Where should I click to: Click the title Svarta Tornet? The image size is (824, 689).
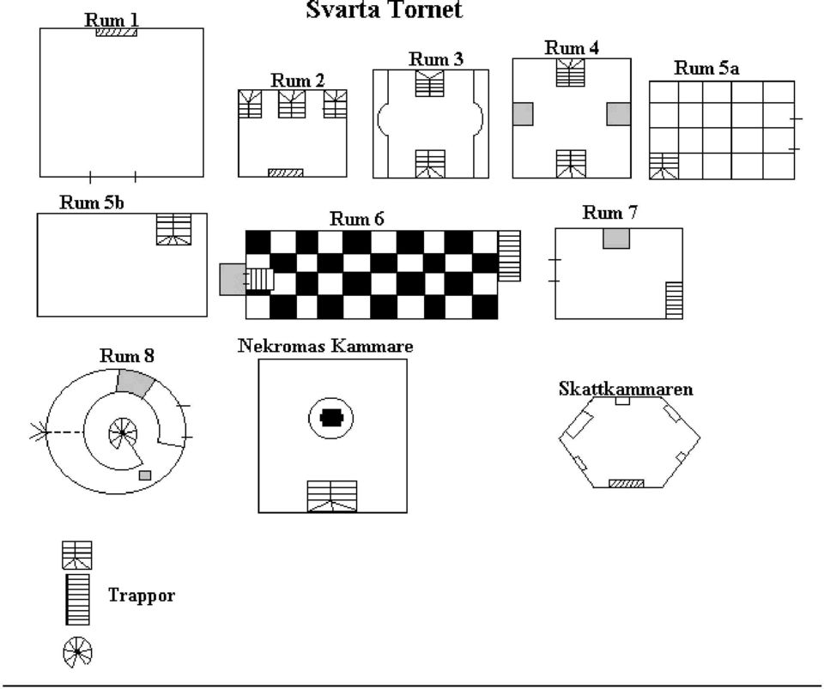pyautogui.click(x=385, y=9)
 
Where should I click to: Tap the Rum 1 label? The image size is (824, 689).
pyautogui.click(x=112, y=20)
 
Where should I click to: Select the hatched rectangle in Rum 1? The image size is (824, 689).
pyautogui.click(x=116, y=33)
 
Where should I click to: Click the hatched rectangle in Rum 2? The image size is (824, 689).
pyautogui.click(x=285, y=172)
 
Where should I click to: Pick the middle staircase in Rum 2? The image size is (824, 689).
pyautogui.click(x=292, y=104)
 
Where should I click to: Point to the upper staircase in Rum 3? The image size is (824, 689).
pyautogui.click(x=429, y=83)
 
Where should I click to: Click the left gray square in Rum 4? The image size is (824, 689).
pyautogui.click(x=523, y=114)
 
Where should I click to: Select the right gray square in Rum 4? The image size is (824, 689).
pyautogui.click(x=619, y=114)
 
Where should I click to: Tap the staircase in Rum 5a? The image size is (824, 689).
pyautogui.click(x=663, y=166)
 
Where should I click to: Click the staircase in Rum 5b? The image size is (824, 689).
pyautogui.click(x=174, y=229)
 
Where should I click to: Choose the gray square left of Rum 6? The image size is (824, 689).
pyautogui.click(x=233, y=280)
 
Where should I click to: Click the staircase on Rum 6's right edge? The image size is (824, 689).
pyautogui.click(x=509, y=256)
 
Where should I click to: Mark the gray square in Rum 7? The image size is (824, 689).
pyautogui.click(x=616, y=239)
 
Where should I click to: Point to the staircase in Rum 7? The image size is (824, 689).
pyautogui.click(x=675, y=300)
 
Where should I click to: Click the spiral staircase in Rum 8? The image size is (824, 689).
pyautogui.click(x=123, y=432)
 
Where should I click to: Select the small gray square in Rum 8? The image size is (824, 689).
pyautogui.click(x=145, y=475)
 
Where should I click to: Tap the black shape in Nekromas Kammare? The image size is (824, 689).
pyautogui.click(x=331, y=419)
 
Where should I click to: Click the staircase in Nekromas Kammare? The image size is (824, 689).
pyautogui.click(x=332, y=496)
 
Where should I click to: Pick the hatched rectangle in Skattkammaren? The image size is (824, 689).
pyautogui.click(x=626, y=484)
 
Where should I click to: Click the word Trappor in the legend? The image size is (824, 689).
pyautogui.click(x=142, y=595)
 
